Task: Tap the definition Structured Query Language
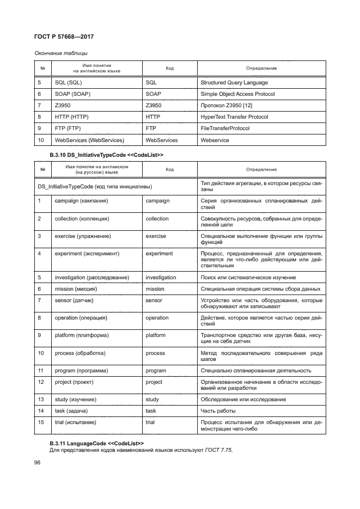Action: coord(234,83)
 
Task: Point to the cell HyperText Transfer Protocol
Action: coord(235,117)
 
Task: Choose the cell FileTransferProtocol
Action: coord(225,128)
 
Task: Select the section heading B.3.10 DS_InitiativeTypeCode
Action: coord(107,155)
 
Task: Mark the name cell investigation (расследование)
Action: coord(91,277)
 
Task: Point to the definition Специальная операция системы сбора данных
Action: coord(260,289)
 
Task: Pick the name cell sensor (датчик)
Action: coord(75,300)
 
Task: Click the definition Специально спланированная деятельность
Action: coord(256,370)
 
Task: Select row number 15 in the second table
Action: coord(40,422)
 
